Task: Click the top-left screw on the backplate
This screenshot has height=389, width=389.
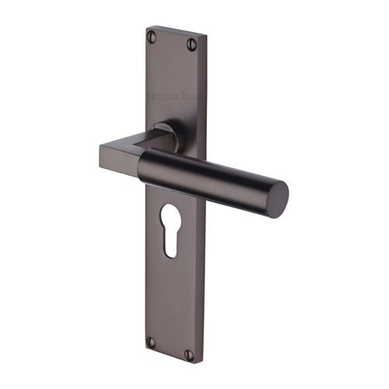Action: click(x=152, y=35)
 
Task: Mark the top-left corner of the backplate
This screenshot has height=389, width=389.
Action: click(x=146, y=28)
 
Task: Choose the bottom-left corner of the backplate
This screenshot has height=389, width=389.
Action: click(x=146, y=348)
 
